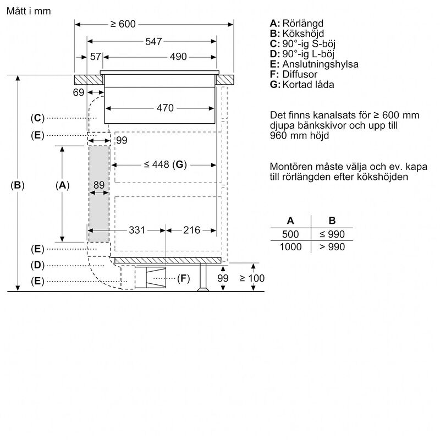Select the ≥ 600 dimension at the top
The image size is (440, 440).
click(x=122, y=24)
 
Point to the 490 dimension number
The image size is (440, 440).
click(x=178, y=57)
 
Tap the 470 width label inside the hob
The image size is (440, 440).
click(x=165, y=108)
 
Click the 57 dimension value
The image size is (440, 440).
click(x=96, y=57)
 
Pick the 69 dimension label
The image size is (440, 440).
click(x=78, y=92)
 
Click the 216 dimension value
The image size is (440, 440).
click(x=191, y=230)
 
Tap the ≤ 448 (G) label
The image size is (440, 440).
click(x=166, y=164)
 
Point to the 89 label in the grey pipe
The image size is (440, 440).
click(x=98, y=185)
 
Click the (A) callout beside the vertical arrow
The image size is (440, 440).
click(x=63, y=185)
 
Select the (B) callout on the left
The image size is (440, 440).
click(x=18, y=185)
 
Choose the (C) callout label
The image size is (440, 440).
click(x=37, y=118)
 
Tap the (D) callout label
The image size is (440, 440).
click(x=37, y=265)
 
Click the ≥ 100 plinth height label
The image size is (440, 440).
click(x=252, y=278)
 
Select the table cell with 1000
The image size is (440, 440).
click(x=290, y=247)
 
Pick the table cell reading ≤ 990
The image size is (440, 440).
click(x=332, y=234)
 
